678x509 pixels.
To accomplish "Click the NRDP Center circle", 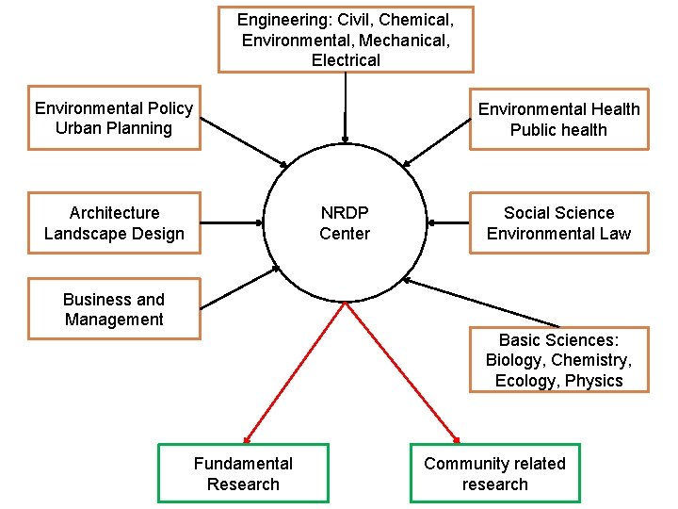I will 345,223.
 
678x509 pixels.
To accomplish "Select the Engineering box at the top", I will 346,39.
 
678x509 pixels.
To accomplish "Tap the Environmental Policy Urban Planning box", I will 114,119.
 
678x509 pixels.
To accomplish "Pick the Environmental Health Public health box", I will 558,120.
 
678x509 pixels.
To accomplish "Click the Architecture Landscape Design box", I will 114,223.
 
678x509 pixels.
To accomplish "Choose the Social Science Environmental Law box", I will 558,223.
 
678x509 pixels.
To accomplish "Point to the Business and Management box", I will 114,309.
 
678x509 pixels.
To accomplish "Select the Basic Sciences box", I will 558,360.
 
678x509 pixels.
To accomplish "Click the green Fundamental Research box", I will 243,473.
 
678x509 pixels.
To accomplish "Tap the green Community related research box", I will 494,473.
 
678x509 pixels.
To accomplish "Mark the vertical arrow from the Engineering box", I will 346,106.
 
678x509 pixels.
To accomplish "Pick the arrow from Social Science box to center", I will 448,223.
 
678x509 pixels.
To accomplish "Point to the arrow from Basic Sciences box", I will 480,302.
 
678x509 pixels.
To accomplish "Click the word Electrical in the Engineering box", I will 346,60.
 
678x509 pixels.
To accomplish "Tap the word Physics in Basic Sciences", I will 593,381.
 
